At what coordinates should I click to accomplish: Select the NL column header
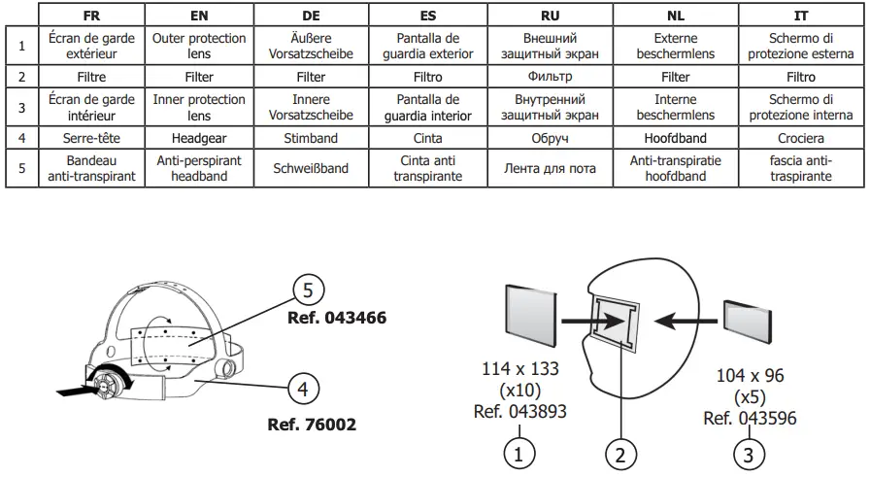tap(675, 17)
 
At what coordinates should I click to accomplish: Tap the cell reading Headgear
tap(199, 138)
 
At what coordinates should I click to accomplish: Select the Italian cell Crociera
tap(801, 138)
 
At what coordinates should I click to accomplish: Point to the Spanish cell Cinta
tap(428, 138)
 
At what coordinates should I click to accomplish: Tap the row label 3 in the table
tap(21, 107)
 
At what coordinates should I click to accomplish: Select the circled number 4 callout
tap(304, 390)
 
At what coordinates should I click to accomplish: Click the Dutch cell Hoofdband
tap(675, 138)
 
